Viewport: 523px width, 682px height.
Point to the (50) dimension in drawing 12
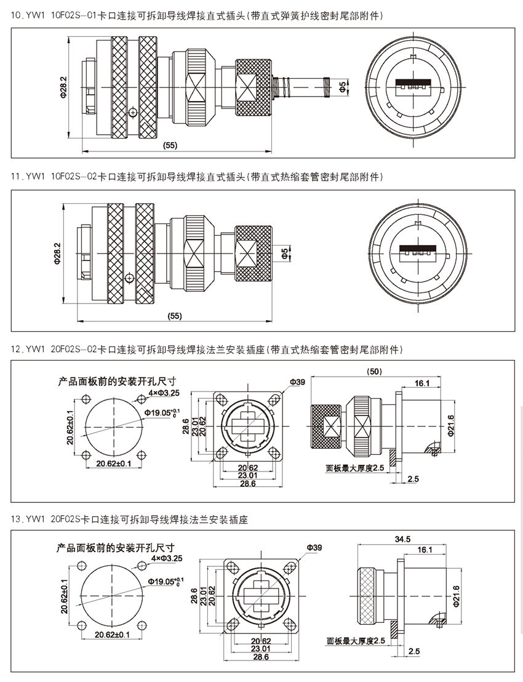click(374, 372)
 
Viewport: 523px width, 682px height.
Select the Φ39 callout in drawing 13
click(313, 547)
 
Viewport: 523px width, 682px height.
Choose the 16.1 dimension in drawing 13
click(425, 549)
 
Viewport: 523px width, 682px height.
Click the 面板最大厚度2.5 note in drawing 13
click(356, 641)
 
